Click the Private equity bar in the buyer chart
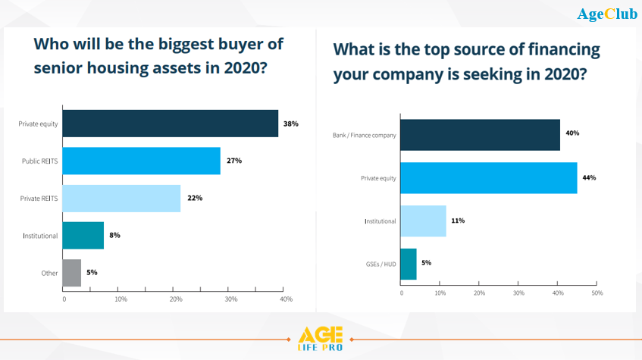point(171,124)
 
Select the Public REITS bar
point(142,161)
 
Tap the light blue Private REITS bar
point(122,198)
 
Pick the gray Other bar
point(72,273)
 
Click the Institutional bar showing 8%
point(83,235)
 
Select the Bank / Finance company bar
point(480,134)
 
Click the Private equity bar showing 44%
point(488,177)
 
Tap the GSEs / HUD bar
point(408,264)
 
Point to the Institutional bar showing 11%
point(423,221)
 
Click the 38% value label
point(292,124)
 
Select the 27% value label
point(234,161)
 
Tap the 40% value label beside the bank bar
point(572,133)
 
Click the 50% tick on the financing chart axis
point(597,293)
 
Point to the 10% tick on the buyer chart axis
point(121,299)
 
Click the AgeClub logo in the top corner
point(607,14)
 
